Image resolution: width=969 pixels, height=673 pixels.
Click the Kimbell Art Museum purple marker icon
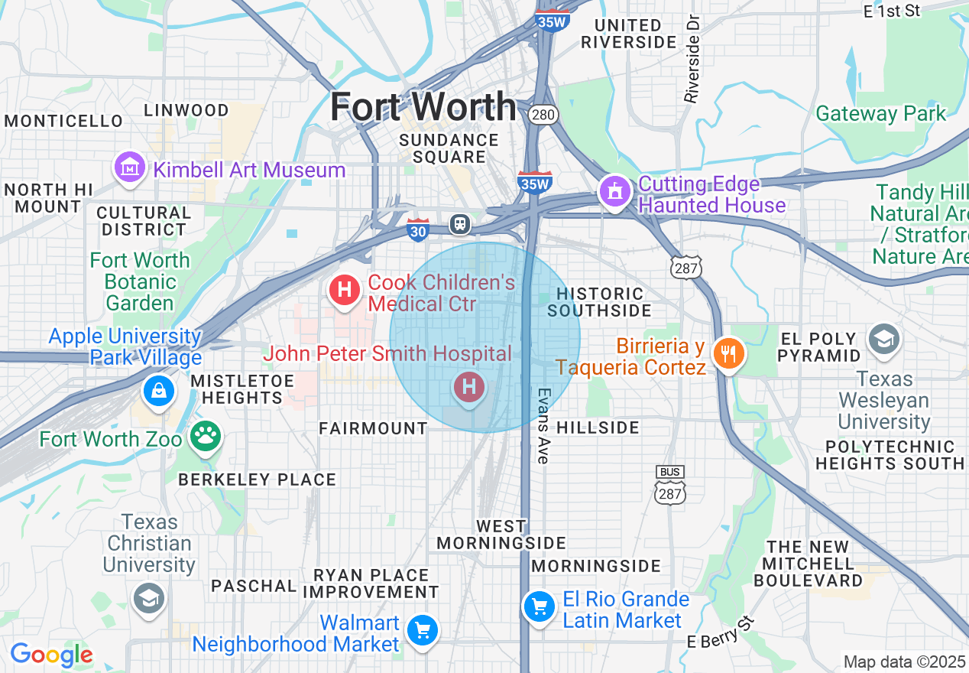[x=130, y=168]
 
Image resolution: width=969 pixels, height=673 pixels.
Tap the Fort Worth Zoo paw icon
[x=205, y=437]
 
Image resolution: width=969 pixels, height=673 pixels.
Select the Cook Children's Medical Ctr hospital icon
[x=345, y=290]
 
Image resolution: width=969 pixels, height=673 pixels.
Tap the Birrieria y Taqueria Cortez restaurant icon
[x=728, y=353]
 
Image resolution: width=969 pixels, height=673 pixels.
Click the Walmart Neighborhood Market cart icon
[x=422, y=631]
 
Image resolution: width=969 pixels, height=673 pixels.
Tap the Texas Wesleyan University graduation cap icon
[x=884, y=339]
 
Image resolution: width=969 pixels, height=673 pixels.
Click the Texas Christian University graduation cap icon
[x=148, y=597]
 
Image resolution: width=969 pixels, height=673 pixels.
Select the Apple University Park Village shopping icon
[x=158, y=391]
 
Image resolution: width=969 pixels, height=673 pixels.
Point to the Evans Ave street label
[x=543, y=425]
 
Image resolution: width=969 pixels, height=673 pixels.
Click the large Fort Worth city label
[x=423, y=106]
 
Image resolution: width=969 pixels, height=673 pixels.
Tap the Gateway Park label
[x=880, y=114]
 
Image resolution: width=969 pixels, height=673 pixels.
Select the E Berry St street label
[x=721, y=633]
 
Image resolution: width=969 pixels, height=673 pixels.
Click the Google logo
[x=51, y=655]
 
